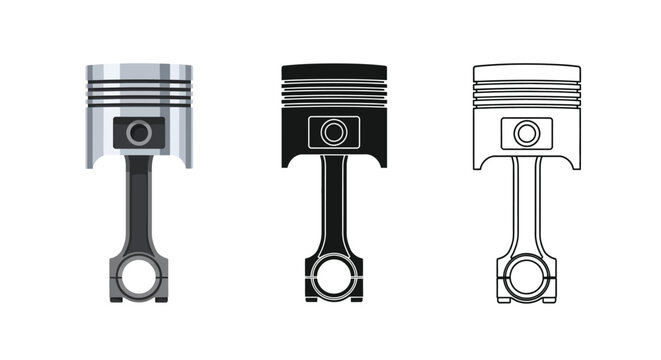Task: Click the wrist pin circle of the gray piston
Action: [x=138, y=131]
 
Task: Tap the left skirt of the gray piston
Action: [x=96, y=135]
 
